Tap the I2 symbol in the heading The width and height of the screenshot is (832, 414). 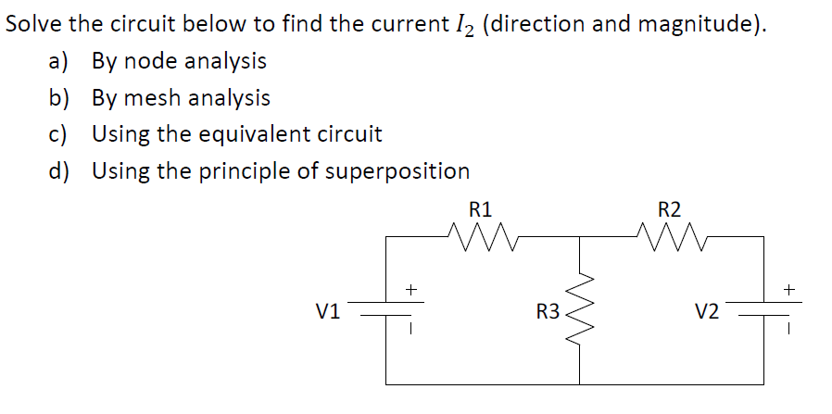coord(463,25)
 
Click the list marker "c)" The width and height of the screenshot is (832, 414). coord(58,134)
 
